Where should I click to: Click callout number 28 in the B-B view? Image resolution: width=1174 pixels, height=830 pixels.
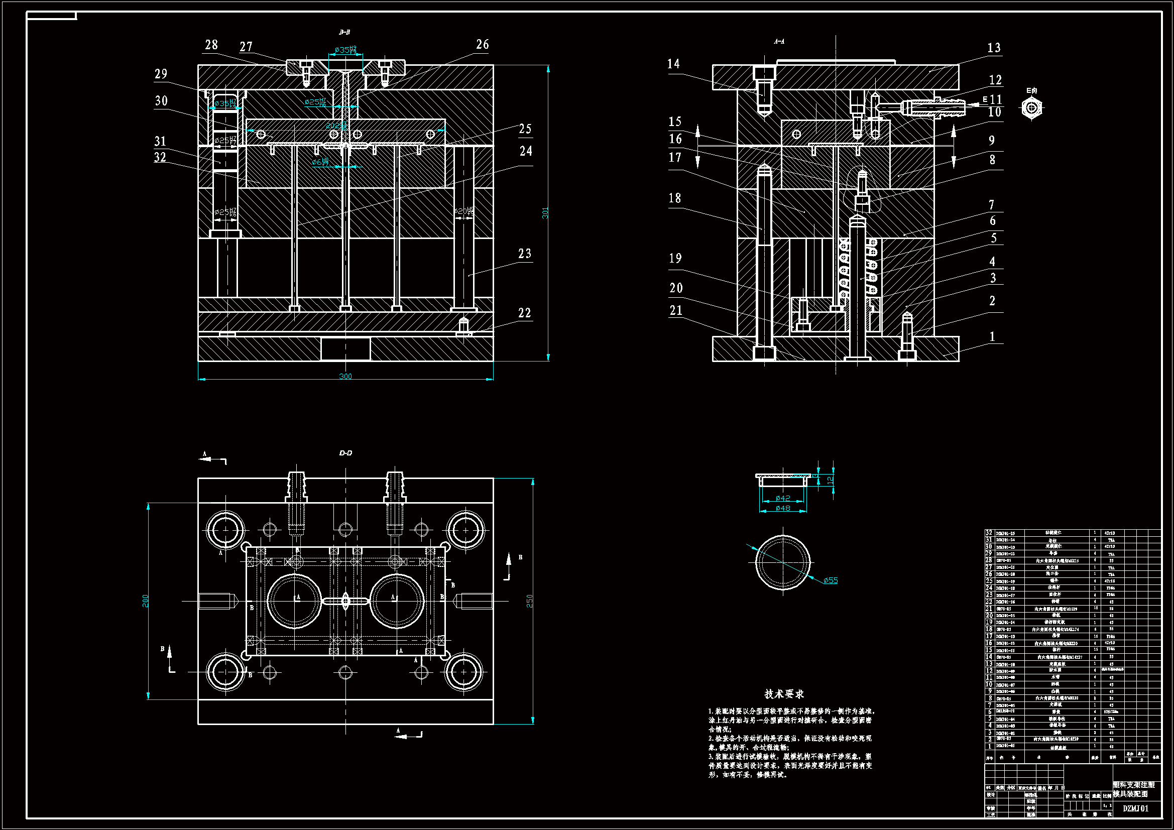(211, 45)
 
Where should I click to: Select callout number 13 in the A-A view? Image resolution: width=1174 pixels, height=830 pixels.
(994, 48)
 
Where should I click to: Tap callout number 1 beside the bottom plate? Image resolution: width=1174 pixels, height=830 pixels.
(992, 336)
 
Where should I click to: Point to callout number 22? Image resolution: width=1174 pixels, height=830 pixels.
(525, 313)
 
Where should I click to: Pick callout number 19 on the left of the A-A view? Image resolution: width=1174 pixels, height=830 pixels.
(675, 258)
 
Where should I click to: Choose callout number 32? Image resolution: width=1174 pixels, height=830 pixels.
(160, 158)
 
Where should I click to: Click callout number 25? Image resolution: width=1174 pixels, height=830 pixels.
(525, 129)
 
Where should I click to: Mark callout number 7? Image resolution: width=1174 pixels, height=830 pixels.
(991, 205)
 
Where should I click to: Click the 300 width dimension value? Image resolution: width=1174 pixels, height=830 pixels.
(345, 377)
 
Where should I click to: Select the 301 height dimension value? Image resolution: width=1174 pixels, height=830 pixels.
(545, 213)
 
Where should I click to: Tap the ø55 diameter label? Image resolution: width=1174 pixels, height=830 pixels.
(831, 580)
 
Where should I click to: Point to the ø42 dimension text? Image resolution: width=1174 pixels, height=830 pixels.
(783, 498)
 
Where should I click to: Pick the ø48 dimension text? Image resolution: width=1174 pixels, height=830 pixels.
(783, 508)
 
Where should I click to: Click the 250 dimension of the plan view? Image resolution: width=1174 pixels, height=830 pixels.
(530, 601)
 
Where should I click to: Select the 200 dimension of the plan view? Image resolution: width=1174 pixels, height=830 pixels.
(146, 601)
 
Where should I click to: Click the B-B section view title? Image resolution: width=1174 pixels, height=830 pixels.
(344, 32)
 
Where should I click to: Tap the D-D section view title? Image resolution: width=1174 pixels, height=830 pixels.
(345, 453)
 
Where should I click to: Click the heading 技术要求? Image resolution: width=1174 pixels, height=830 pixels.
(784, 694)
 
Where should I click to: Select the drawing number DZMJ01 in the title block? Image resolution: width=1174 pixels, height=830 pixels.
(1136, 808)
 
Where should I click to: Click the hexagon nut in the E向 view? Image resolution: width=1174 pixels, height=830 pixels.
(1031, 108)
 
